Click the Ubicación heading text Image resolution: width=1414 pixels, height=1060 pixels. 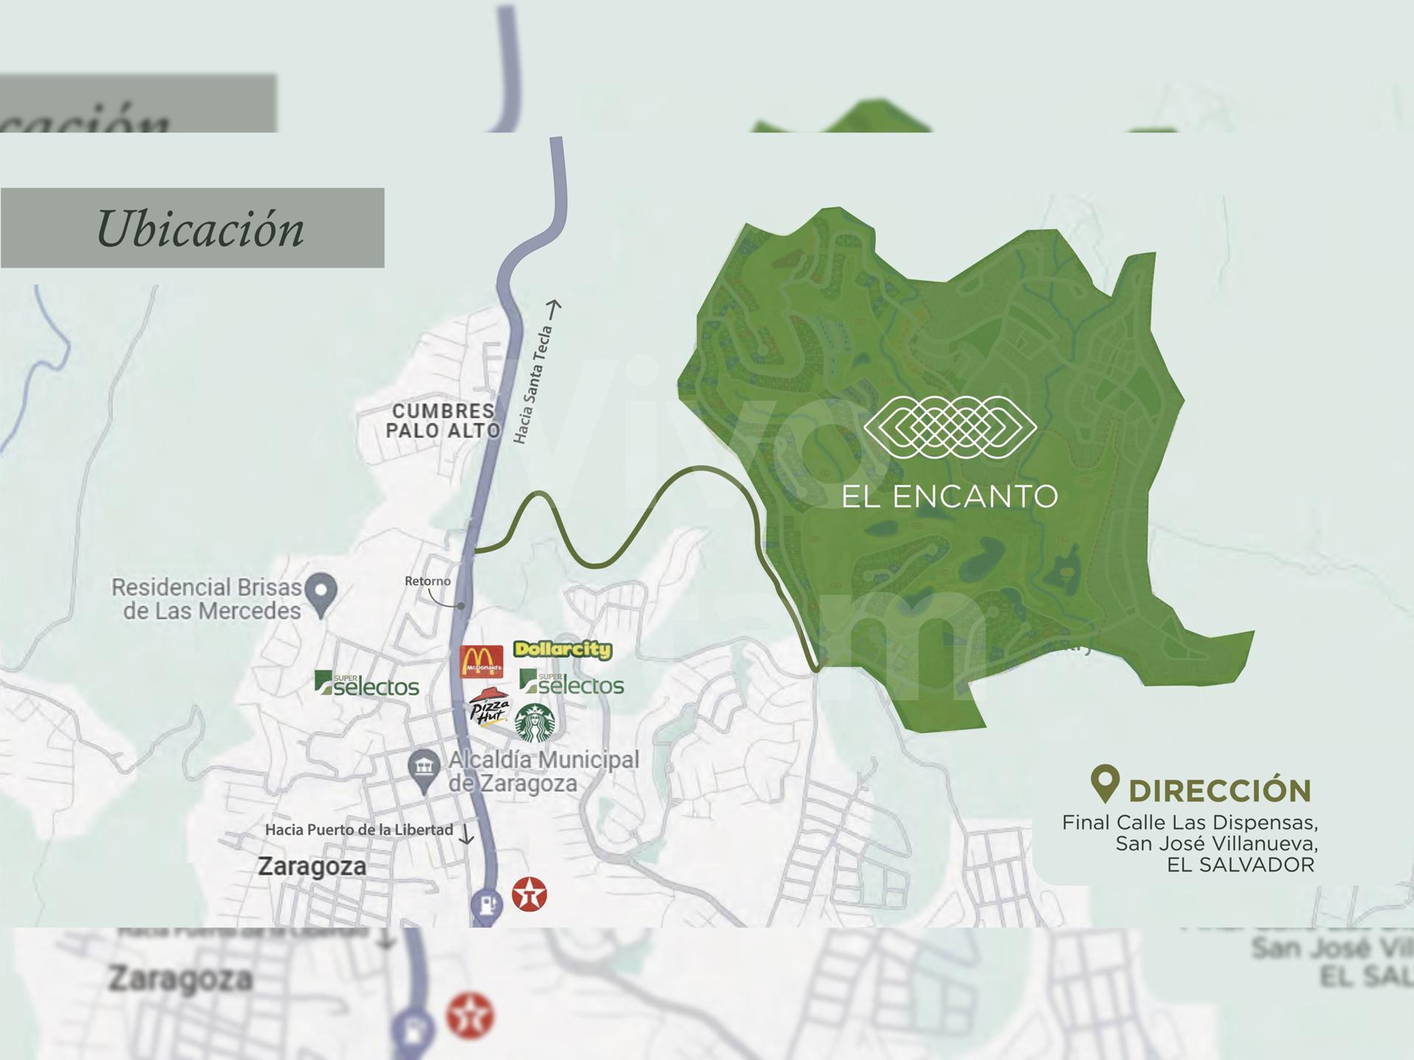(x=200, y=228)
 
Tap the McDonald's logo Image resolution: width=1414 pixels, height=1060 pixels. (x=481, y=661)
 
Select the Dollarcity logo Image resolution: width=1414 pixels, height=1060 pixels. (x=563, y=650)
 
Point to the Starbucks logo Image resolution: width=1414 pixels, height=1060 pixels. (x=535, y=723)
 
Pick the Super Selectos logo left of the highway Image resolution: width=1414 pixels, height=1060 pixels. (x=366, y=684)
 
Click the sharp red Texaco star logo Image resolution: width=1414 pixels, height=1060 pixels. (x=529, y=893)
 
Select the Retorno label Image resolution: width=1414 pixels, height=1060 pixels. (x=427, y=581)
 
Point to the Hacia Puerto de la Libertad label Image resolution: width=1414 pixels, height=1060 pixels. (x=359, y=830)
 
